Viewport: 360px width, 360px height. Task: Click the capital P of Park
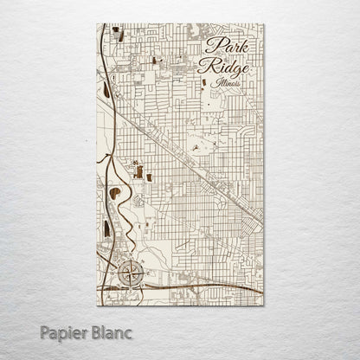pyautogui.click(x=211, y=47)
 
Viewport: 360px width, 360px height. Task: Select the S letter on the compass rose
pyautogui.click(x=131, y=288)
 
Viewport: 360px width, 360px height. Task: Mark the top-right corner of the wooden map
pyautogui.click(x=263, y=24)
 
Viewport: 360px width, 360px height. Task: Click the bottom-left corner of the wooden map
pyautogui.click(x=96, y=305)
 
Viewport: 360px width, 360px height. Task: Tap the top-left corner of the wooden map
pyautogui.click(x=96, y=24)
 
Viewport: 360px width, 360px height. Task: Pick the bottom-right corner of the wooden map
pyautogui.click(x=263, y=305)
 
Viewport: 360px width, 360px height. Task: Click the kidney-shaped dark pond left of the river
pyautogui.click(x=113, y=193)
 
